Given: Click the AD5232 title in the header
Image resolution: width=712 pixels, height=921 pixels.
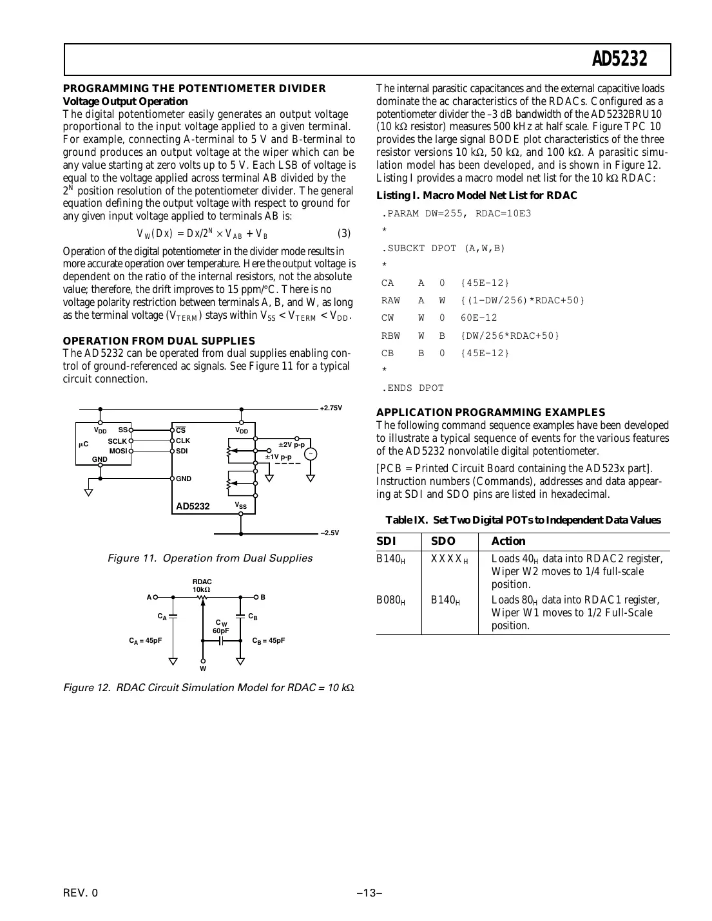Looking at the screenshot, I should coord(620,60).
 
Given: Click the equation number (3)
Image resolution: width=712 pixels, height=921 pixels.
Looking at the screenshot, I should coord(344,234).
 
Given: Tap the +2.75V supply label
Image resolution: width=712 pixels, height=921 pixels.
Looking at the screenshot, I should coord(331,408).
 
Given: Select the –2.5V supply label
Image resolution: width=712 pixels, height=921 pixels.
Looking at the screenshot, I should coord(330,533).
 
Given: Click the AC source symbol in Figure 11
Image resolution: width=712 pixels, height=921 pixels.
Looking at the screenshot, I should coord(311,455).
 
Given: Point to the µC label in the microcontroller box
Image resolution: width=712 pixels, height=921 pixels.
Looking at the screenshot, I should coord(83,444).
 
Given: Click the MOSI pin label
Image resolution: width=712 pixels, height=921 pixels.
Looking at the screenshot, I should coord(118,451).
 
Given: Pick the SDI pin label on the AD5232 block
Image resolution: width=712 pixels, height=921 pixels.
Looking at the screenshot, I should coord(182,451).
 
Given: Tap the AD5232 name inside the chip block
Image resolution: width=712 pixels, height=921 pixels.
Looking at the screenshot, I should coord(193,507).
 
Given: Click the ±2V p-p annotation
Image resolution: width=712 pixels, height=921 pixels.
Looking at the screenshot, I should coord(291,445).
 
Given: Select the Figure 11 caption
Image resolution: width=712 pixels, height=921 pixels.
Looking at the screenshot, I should coord(209,558).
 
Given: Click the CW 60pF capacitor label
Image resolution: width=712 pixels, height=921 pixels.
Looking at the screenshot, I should coord(221,627).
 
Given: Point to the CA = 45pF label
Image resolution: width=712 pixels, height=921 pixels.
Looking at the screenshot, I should coord(145,641).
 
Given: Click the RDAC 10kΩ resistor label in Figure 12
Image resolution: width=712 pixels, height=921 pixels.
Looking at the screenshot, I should coord(202,586).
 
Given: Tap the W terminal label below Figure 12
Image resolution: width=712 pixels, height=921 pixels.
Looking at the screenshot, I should coord(203,669).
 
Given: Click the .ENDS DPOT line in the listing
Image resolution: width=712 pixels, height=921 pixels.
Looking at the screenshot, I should coord(412,388).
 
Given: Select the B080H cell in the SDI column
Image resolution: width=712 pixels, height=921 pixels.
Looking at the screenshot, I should coord(390,601).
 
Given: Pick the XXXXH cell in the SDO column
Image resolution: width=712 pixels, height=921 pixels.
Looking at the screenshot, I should coord(449,560).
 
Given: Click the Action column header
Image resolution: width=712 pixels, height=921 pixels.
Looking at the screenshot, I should coord(508,542).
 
